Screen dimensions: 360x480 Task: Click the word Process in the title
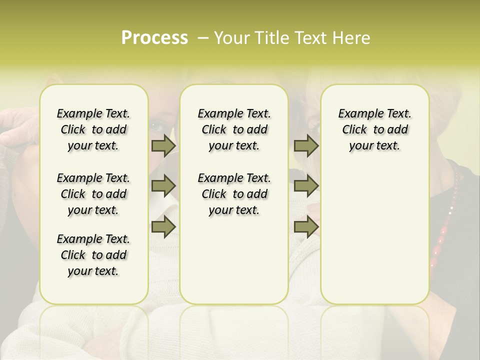(x=154, y=38)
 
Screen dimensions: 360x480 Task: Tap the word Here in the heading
(x=352, y=38)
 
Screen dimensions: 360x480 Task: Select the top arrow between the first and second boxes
(x=163, y=145)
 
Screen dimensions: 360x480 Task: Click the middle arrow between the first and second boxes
(x=163, y=186)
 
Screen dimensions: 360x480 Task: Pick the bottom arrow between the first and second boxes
(x=163, y=226)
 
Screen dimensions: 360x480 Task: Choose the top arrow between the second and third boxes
(x=305, y=145)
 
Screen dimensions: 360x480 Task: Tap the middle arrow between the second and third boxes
(x=305, y=186)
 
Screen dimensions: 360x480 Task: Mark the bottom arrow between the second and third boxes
(x=305, y=226)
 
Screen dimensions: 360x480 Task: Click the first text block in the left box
(x=93, y=129)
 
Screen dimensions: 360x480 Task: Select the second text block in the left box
(x=93, y=194)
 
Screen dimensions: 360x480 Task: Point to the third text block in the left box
(x=93, y=255)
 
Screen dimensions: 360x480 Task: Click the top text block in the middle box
(x=234, y=129)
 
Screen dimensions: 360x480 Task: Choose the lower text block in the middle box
(x=234, y=194)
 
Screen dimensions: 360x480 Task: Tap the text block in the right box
(x=375, y=129)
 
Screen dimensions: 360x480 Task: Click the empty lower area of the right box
(x=375, y=230)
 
